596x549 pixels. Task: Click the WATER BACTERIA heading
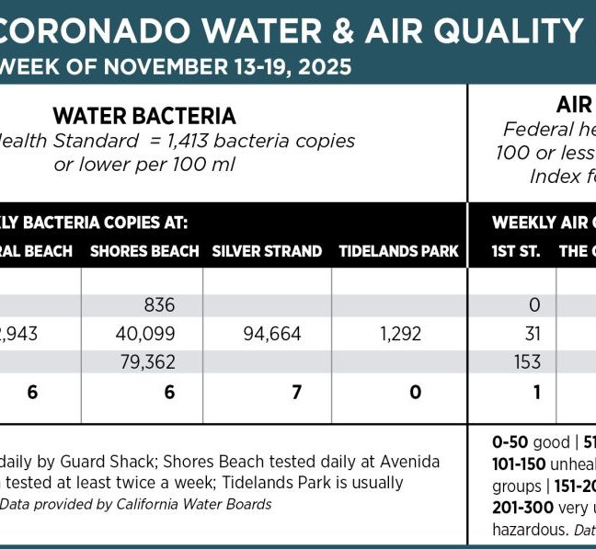[x=144, y=116]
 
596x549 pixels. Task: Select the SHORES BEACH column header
[x=144, y=251]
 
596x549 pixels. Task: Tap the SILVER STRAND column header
[x=267, y=251]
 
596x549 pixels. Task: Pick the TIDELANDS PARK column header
[x=398, y=251]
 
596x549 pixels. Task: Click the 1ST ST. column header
[x=516, y=251]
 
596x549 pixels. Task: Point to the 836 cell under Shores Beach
[x=159, y=305]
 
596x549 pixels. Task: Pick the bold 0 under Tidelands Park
[x=416, y=393]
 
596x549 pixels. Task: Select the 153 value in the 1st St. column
[x=527, y=362]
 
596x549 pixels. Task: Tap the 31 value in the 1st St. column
[x=531, y=334]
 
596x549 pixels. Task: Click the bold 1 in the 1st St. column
[x=534, y=393]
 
